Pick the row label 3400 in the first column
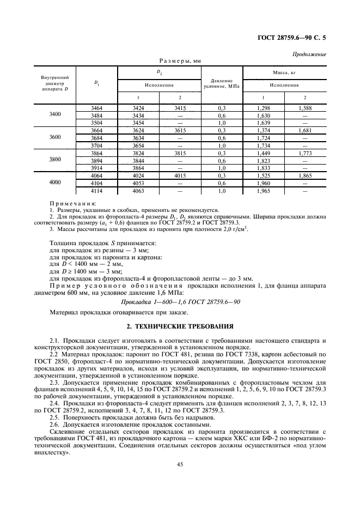(54, 116)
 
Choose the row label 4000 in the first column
(54, 183)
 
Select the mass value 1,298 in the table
(264, 108)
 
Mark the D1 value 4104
(97, 184)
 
